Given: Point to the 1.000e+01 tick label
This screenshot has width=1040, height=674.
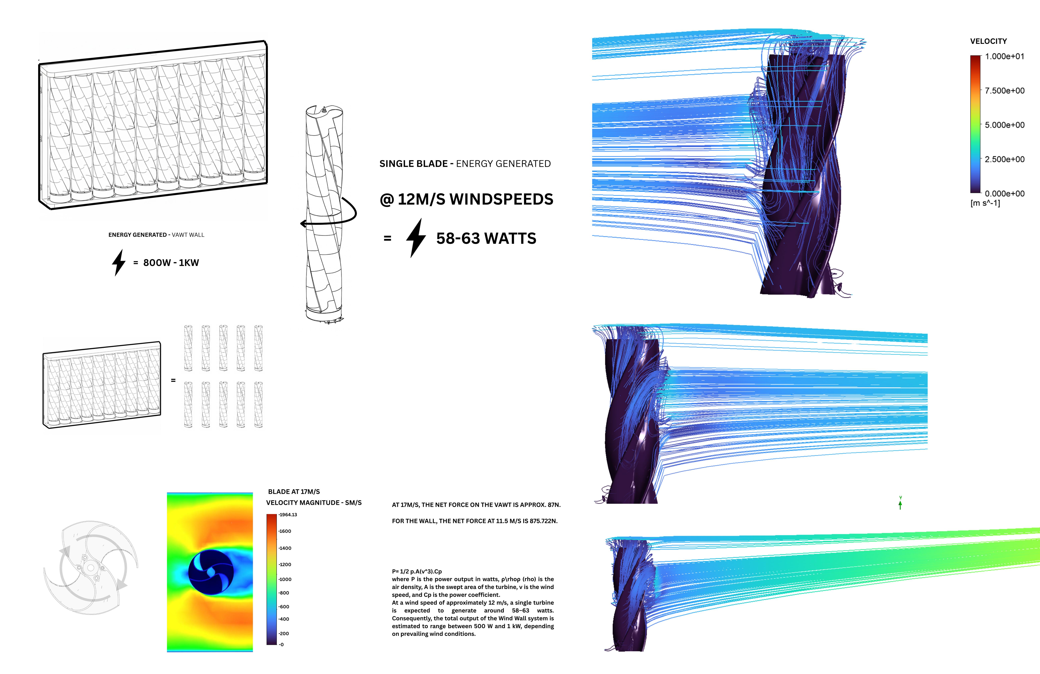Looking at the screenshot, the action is (1004, 56).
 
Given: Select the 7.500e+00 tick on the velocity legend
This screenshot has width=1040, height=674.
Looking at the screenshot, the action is (1004, 90).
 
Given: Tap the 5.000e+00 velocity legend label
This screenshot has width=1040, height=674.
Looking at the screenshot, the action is (1004, 125).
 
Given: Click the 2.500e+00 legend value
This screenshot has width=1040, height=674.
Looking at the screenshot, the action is (1004, 159).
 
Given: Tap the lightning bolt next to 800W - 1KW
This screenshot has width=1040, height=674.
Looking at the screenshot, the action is (118, 263).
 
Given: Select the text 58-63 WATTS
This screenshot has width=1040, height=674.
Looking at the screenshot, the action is (486, 239).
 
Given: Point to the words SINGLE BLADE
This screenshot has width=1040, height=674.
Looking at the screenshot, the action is (413, 164).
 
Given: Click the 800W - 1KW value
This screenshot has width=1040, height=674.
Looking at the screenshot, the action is (171, 263).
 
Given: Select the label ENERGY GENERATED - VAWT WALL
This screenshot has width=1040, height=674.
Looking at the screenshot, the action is (156, 235).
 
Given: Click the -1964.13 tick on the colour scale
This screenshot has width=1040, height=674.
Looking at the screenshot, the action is (288, 515).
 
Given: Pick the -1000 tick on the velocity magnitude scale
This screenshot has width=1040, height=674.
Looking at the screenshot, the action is (285, 579).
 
